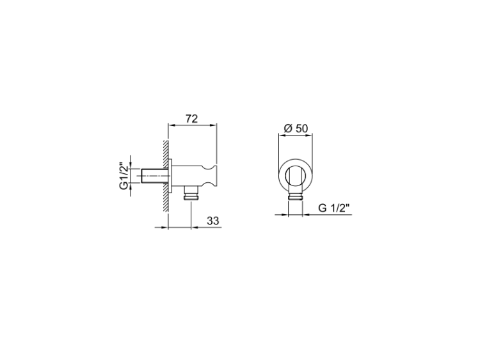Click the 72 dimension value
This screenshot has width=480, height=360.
[x=191, y=119]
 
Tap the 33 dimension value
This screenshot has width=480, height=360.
[x=213, y=221]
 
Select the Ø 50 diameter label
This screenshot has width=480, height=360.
[x=296, y=128]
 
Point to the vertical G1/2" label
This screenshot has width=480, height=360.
[x=124, y=176]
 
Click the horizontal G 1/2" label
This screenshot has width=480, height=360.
[x=333, y=208]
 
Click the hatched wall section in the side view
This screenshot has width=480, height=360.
[x=166, y=176]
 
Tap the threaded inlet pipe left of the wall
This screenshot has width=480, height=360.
[x=156, y=176]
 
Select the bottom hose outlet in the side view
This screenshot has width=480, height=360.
[x=191, y=193]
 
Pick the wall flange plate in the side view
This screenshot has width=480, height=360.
[x=170, y=176]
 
